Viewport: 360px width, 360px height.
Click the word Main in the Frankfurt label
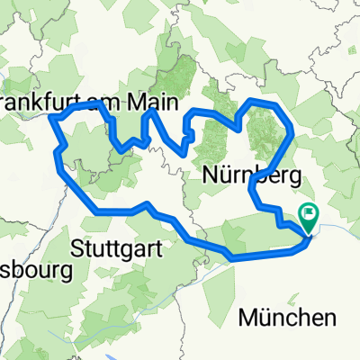pyautogui.click(x=150, y=97)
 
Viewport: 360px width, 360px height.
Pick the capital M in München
pyautogui.click(x=247, y=317)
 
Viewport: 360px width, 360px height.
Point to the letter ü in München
pyautogui.click(x=265, y=317)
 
